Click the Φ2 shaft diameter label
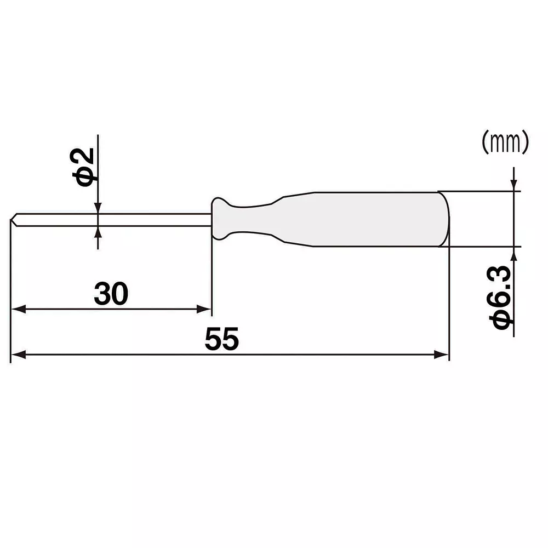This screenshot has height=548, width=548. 86,167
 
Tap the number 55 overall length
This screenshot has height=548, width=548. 222,340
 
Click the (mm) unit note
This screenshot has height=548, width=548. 505,142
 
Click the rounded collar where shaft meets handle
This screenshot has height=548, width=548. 220,219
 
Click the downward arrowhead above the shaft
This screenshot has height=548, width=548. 98,207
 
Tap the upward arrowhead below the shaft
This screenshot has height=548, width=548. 98,232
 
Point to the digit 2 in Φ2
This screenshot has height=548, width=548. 86,158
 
